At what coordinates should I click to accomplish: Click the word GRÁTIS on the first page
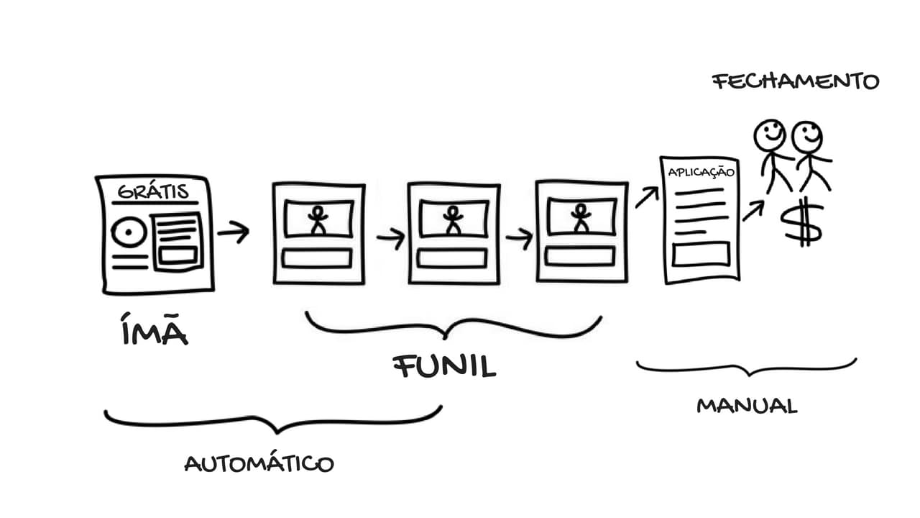[153, 191]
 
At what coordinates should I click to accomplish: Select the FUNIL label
[445, 366]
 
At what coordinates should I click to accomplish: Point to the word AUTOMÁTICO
[259, 463]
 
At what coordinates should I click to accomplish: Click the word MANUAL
[747, 406]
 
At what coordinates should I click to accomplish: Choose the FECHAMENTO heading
[796, 81]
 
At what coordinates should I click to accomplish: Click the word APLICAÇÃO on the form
[701, 173]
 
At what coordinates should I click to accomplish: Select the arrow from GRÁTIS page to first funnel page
[233, 232]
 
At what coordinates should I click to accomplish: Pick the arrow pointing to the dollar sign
[753, 211]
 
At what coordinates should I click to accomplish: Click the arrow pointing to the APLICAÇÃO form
[646, 196]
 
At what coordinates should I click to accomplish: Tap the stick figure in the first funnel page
[317, 219]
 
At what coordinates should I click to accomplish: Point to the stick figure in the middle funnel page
[452, 219]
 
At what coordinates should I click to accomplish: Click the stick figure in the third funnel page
[580, 219]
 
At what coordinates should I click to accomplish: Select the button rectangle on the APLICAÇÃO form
[701, 253]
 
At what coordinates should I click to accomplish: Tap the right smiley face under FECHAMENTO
[807, 136]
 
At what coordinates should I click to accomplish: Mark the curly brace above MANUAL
[747, 368]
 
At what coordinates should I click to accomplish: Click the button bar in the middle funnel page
[452, 258]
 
